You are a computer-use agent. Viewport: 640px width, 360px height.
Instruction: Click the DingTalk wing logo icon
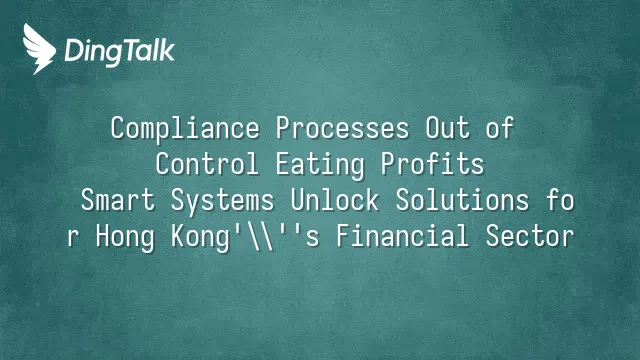point(39,49)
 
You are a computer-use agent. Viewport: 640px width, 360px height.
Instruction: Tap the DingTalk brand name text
point(120,52)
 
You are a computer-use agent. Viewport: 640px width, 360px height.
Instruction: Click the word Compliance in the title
point(185,129)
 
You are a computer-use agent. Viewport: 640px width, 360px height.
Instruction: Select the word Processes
point(342,128)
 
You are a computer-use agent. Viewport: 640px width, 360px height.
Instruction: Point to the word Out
point(448,128)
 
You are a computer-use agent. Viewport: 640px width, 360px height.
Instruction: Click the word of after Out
point(499,128)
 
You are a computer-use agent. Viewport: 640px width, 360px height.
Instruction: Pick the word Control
point(207,164)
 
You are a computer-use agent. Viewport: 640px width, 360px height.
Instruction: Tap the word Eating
point(320,165)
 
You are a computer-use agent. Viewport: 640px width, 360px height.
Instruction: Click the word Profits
point(433,164)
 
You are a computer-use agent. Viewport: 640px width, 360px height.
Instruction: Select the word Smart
point(118,200)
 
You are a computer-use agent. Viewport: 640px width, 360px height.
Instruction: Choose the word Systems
point(222,201)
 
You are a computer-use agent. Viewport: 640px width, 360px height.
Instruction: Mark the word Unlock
point(335,200)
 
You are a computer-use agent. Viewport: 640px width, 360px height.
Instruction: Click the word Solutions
point(462,200)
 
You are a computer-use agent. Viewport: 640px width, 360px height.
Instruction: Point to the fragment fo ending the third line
point(560,200)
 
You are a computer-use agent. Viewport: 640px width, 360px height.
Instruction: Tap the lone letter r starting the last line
point(73,238)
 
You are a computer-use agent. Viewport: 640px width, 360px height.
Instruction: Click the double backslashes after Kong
point(261,236)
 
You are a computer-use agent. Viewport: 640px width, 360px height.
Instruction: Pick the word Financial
point(402,236)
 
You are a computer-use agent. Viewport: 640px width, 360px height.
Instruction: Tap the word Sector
point(530,236)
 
